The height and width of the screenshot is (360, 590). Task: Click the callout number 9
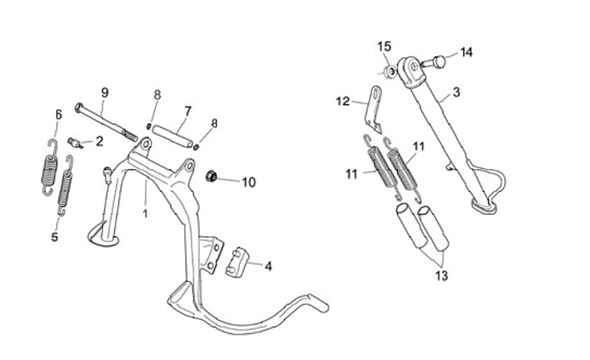pos(105,91)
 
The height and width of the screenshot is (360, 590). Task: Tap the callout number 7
pos(188,110)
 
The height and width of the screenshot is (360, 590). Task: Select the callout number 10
pos(248,182)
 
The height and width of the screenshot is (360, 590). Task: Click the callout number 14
pos(466,52)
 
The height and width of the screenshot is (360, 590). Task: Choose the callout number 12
pos(343,102)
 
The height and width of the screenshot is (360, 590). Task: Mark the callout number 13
pos(442,276)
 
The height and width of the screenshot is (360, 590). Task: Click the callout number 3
pos(456,92)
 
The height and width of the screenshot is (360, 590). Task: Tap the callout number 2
pos(99,141)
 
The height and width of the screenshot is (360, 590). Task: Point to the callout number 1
pos(146,214)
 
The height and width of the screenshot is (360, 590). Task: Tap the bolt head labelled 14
pos(438,59)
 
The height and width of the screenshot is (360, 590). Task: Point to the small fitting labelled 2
pos(75,143)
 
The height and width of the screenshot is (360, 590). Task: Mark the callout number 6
pos(58,114)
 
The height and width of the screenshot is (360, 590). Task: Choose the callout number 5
pos(55,237)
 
